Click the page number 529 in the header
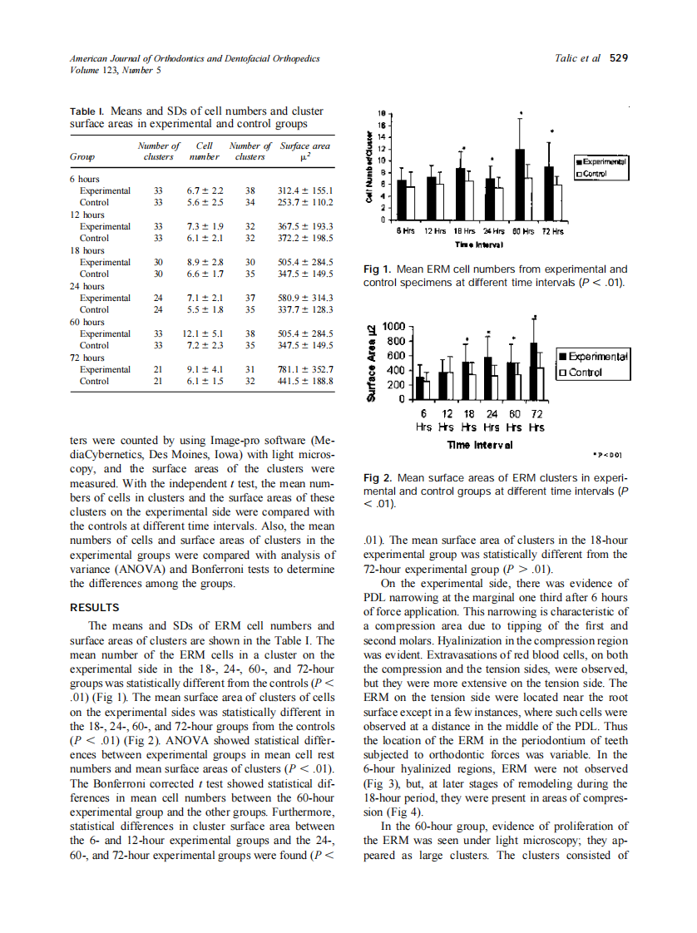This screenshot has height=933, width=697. pos(618,58)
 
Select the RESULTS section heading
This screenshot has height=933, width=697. pos(95,607)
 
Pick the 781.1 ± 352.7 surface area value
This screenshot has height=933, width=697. pos(307,369)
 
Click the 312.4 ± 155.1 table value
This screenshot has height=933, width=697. pos(307,190)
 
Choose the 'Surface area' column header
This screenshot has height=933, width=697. pos(307,146)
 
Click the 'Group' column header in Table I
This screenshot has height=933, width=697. pos(82,156)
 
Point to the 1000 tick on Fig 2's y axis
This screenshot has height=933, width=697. pos(393,326)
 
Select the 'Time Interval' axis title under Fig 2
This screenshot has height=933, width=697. pos(480,444)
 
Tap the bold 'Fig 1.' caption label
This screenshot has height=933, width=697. pos(378,269)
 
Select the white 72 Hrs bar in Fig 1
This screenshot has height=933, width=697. pos(558,202)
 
